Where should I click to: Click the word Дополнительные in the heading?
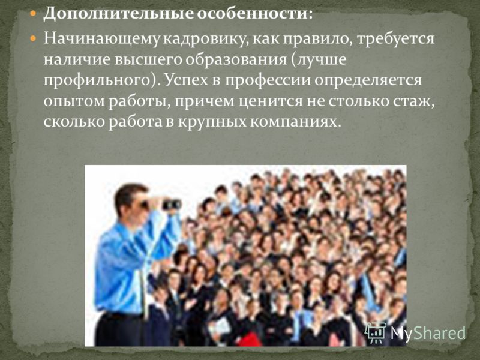(118, 14)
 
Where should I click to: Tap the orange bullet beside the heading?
(33, 13)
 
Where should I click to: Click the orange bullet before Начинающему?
(33, 39)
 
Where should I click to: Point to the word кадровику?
(205, 40)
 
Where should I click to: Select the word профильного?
(97, 81)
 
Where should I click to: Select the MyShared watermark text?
(428, 333)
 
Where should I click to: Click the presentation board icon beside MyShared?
(376, 332)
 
